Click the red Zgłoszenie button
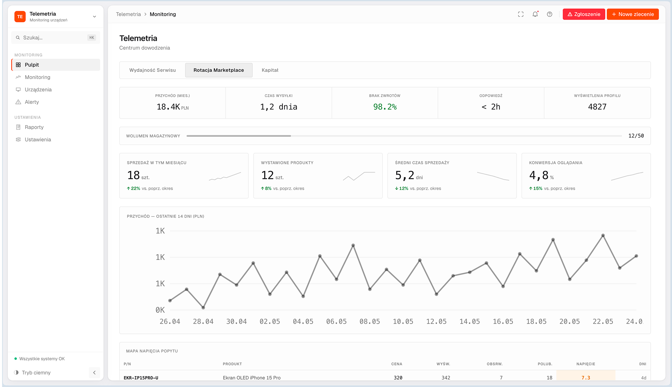click(x=583, y=14)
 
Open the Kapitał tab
click(x=270, y=70)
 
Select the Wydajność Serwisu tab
click(x=153, y=70)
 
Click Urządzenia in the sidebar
click(x=38, y=90)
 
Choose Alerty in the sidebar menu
click(x=32, y=102)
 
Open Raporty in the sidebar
click(x=34, y=127)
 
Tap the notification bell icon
click(x=535, y=14)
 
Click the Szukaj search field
click(x=56, y=38)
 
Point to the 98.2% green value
click(x=385, y=107)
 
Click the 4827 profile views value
click(x=597, y=107)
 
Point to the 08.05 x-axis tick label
click(x=370, y=322)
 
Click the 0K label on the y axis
click(x=160, y=310)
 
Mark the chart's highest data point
click(x=603, y=236)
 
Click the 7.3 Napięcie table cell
click(x=586, y=378)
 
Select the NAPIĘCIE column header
click(x=586, y=364)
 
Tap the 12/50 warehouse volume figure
click(x=636, y=136)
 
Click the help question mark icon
click(x=549, y=14)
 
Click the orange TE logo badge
click(x=20, y=16)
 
